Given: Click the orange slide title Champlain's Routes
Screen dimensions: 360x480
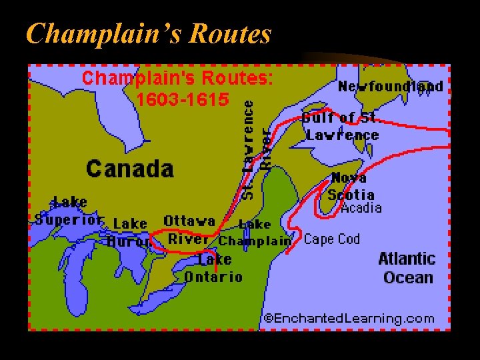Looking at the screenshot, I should [x=148, y=33].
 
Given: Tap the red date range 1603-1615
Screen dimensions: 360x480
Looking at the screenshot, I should [x=182, y=100].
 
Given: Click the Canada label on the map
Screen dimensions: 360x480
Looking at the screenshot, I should [x=129, y=168].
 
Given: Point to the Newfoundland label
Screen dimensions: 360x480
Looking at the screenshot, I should [x=390, y=87].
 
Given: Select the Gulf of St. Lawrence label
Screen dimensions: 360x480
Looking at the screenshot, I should [x=341, y=127].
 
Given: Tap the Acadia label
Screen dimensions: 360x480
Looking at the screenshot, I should [x=361, y=208].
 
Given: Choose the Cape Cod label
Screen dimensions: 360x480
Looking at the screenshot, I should [x=331, y=239].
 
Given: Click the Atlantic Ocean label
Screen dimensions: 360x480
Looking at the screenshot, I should [x=407, y=268].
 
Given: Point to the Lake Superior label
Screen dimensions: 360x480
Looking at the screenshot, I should [x=69, y=211].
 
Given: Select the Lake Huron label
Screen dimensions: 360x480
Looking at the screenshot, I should [x=129, y=232].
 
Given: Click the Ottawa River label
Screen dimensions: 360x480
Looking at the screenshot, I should [x=189, y=229].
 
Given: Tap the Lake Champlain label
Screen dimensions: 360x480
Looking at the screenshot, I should [x=255, y=233].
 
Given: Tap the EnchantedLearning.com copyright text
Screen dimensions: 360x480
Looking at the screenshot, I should [x=349, y=319].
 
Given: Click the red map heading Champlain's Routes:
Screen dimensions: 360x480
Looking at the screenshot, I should [x=177, y=78].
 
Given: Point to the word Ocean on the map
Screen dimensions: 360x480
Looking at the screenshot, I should [x=408, y=278].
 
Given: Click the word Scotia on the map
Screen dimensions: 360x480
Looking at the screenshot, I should [x=351, y=195].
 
